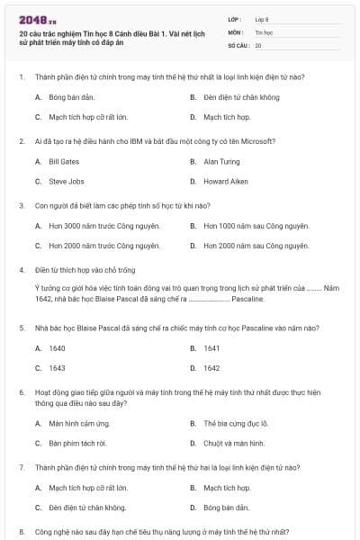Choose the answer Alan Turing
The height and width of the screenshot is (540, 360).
pyautogui.click(x=218, y=161)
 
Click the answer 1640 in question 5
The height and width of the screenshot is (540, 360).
pyautogui.click(x=57, y=347)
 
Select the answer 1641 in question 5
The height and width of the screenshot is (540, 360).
pyautogui.click(x=211, y=347)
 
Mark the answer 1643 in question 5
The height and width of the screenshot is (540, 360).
pyautogui.click(x=57, y=368)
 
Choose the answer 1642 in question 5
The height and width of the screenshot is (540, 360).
pyautogui.click(x=211, y=368)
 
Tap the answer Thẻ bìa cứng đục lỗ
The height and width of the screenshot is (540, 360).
pyautogui.click(x=236, y=422)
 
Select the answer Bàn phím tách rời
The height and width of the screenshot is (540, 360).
pyautogui.click(x=78, y=443)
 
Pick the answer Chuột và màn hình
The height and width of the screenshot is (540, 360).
pyautogui.click(x=234, y=443)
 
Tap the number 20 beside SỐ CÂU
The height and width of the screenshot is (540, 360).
pyautogui.click(x=258, y=44)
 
